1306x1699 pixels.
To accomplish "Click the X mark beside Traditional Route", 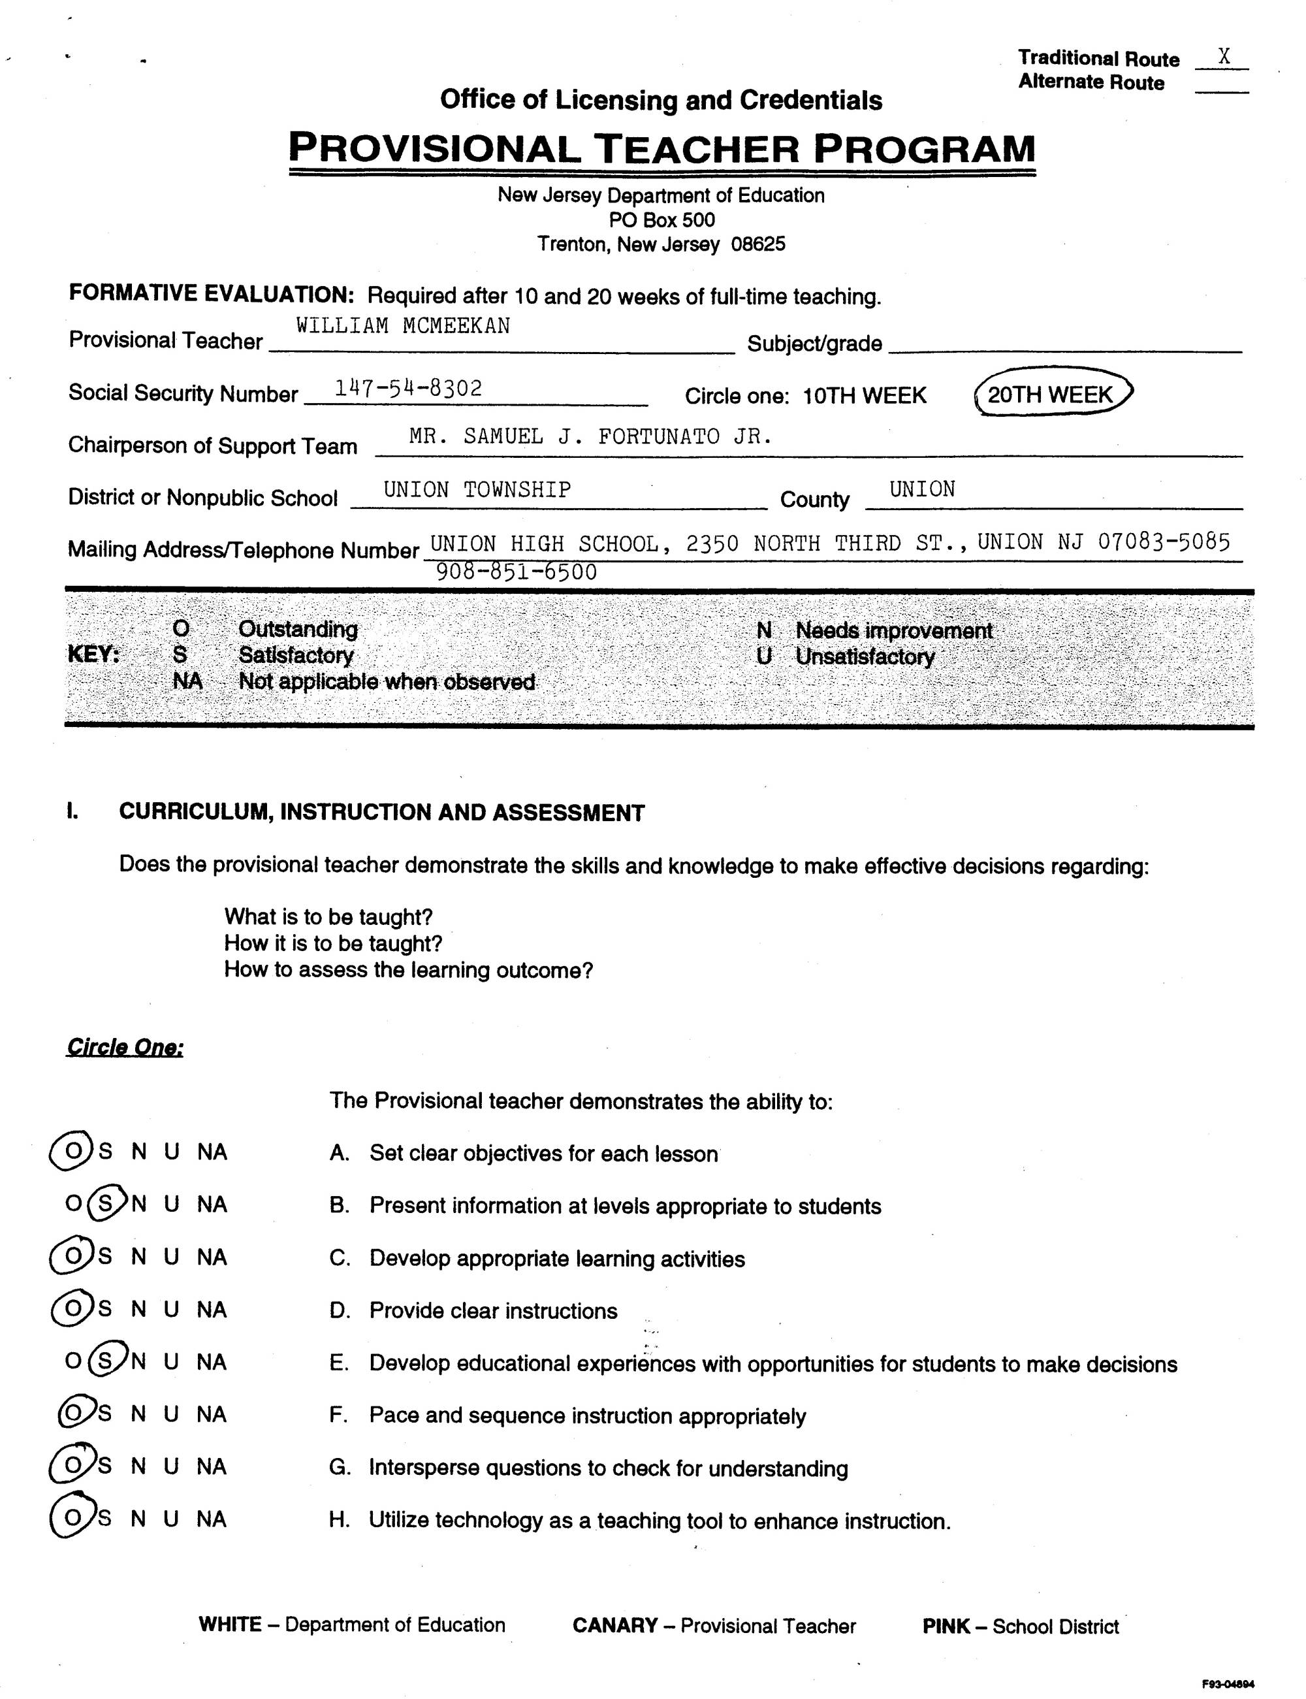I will (x=1224, y=57).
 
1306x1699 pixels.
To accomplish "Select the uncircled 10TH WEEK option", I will (x=864, y=396).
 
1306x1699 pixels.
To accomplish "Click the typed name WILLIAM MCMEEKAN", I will (x=403, y=326).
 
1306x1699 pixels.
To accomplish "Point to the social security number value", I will (x=408, y=388).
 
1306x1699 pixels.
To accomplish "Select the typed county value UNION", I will (x=922, y=489).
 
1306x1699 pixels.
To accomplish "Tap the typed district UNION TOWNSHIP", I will (x=477, y=490).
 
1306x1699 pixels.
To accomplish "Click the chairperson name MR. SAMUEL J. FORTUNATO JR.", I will (x=591, y=437).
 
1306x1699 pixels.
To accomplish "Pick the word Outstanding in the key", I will (x=298, y=629).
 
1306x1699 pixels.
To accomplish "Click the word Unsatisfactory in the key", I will (x=865, y=656).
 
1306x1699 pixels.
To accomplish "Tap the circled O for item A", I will (x=72, y=1152).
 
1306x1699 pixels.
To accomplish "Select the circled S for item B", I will (x=106, y=1205).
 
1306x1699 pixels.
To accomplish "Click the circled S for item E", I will (x=106, y=1361).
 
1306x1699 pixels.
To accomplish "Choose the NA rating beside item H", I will (x=212, y=1519).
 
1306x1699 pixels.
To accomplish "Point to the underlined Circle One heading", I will (x=125, y=1047).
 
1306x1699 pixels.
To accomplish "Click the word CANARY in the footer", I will (x=615, y=1625).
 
